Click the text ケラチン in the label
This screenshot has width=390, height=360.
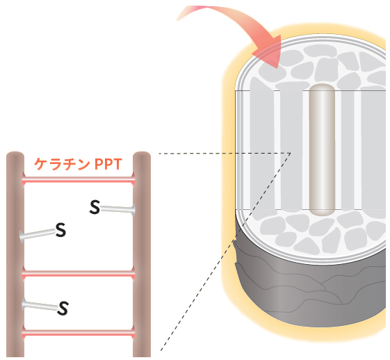62,164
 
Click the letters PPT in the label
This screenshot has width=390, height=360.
108,164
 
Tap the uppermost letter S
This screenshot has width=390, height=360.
95,207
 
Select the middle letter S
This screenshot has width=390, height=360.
60,230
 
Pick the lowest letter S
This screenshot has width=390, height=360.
63,309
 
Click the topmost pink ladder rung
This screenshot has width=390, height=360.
79,179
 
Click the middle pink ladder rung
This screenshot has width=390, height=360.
79,274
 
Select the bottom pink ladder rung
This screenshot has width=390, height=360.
79,333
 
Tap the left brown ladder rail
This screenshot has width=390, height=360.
15,254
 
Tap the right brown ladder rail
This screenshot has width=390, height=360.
142,254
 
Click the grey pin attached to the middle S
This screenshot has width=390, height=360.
38,234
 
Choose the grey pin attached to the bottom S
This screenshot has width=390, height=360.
40,305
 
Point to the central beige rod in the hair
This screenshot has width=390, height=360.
322,150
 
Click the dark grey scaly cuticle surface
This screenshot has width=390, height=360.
309,293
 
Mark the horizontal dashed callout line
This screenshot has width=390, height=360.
225,154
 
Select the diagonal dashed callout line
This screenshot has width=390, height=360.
226,252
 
